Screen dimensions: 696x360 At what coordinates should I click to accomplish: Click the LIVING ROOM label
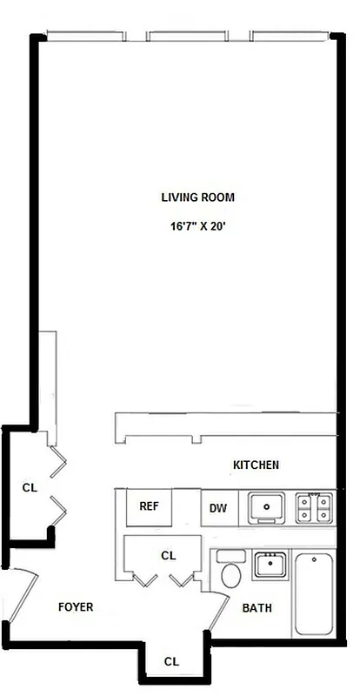[x=197, y=197]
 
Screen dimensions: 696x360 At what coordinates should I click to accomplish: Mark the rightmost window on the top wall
[x=288, y=37]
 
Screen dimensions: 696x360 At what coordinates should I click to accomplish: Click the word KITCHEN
[x=256, y=465]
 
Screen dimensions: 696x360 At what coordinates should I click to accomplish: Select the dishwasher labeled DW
[x=217, y=509]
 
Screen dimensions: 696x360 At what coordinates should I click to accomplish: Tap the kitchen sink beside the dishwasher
[x=267, y=507]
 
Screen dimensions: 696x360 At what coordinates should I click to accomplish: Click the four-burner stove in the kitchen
[x=314, y=507]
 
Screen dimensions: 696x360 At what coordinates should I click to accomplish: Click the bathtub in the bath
[x=313, y=593]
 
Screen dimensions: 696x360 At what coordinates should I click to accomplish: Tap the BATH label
[x=257, y=608]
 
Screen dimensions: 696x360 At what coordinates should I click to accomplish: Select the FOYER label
[x=76, y=607]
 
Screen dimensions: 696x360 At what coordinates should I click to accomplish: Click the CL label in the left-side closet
[x=30, y=488]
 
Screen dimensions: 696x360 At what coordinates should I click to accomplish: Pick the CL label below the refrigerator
[x=169, y=554]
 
